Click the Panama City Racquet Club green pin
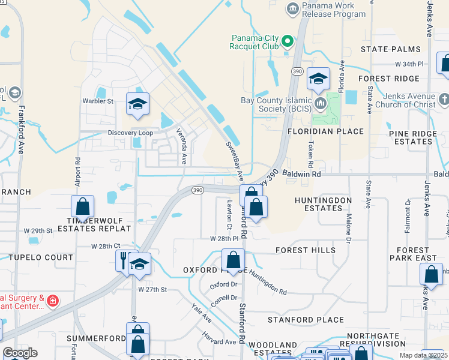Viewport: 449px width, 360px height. pos(288,41)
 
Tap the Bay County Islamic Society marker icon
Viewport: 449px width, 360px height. pos(319,104)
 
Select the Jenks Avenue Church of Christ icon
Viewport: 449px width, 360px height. pos(444,98)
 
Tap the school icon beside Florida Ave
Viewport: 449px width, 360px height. pos(318,78)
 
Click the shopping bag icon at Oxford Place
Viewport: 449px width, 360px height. pos(233,260)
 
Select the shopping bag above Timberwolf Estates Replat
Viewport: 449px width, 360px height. pos(82,206)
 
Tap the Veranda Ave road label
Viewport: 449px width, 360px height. pos(181,146)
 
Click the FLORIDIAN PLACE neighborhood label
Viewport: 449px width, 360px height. pos(325,131)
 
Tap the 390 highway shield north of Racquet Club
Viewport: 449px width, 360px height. pos(297,71)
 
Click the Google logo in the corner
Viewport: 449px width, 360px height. pos(20,353)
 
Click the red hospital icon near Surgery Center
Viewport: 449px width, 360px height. pos(53,299)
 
